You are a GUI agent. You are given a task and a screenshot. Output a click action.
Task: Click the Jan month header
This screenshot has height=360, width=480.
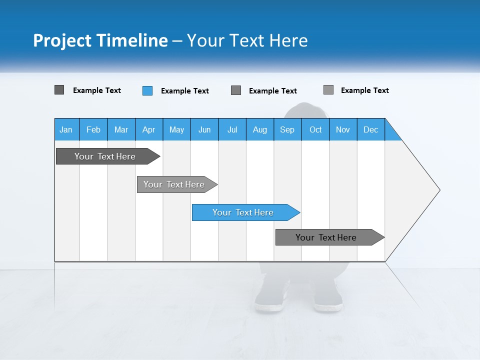click(66, 129)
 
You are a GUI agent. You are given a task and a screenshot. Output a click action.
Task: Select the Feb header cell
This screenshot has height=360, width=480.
click(93, 129)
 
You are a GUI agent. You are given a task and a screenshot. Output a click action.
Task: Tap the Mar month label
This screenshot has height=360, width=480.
click(121, 129)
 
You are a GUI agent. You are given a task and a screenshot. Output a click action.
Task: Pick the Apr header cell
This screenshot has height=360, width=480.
click(149, 129)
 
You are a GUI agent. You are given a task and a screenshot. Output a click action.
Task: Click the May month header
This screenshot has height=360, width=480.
click(176, 129)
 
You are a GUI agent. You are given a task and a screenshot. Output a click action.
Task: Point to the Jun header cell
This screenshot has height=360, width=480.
click(204, 129)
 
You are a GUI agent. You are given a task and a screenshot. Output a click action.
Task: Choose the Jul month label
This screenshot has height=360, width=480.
click(232, 129)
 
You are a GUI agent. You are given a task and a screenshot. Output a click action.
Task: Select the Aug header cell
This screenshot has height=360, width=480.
click(260, 129)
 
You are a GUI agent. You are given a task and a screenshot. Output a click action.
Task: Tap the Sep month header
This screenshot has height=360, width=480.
click(287, 129)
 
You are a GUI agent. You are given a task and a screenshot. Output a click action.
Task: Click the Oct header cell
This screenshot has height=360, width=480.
click(315, 129)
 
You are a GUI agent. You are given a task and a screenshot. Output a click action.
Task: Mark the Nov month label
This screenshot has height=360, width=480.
click(343, 129)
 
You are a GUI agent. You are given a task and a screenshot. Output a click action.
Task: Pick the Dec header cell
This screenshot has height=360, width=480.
click(371, 129)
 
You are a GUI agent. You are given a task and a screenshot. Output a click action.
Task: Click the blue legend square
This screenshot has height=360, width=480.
click(147, 90)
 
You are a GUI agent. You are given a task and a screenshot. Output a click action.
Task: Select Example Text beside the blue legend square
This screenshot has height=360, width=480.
click(185, 91)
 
